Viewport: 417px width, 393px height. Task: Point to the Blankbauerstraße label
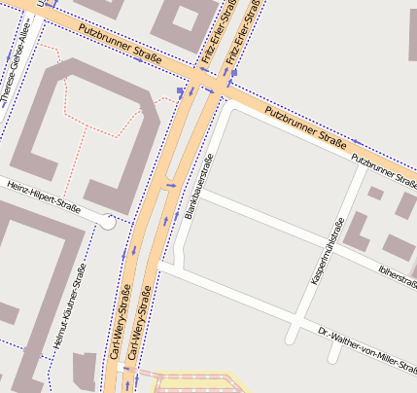coord(196,184)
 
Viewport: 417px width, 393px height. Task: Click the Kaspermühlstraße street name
coord(328,251)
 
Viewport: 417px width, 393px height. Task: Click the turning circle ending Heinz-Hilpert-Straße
coord(108,223)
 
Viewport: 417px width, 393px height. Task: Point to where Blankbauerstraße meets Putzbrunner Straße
coord(227,101)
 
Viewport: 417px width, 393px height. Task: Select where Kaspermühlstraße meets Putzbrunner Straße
coord(365,168)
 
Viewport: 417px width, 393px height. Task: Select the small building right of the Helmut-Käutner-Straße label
coord(85,368)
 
